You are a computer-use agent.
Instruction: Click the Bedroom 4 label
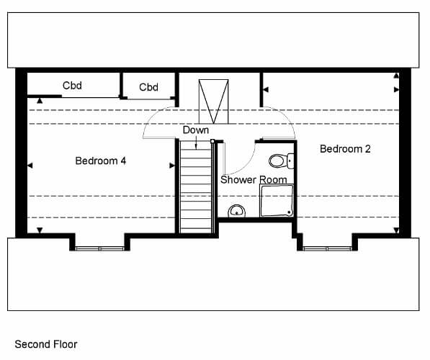point(101,161)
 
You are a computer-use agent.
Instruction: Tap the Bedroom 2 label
point(345,149)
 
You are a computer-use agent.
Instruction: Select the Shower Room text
point(254,179)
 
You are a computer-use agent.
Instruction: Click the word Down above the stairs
point(196,130)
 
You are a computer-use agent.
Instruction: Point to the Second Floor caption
point(46,344)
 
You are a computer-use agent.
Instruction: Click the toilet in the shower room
point(281,161)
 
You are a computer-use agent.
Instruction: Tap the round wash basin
point(237,211)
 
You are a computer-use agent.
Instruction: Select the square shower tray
point(277,200)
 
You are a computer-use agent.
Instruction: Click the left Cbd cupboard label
point(72,86)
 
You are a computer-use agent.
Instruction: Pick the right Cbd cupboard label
point(148,87)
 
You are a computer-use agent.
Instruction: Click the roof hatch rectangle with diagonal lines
point(214,102)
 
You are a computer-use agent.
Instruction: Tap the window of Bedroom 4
point(100,248)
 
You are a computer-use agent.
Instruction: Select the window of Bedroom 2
point(327,248)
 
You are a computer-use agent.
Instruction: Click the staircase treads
point(195,187)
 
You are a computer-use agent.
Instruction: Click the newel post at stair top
point(212,141)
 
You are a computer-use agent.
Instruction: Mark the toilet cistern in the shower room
point(290,161)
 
